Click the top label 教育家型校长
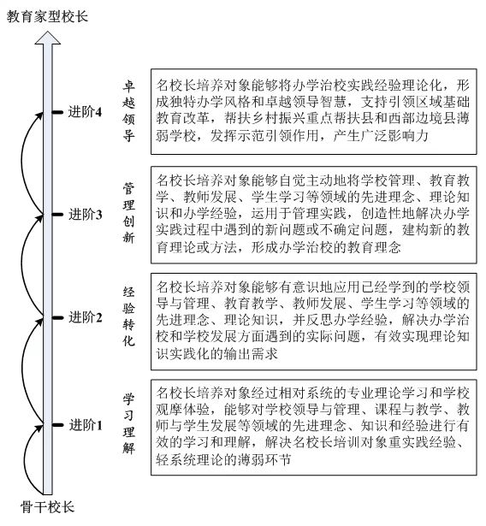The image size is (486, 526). coord(47,16)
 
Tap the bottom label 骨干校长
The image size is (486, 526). coord(47,507)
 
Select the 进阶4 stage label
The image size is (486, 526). coord(85,112)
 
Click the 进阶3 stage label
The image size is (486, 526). coord(85,215)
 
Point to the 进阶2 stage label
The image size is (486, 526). coord(86,317)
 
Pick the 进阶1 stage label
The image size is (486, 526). coord(86,425)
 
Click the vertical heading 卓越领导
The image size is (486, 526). coord(129,111)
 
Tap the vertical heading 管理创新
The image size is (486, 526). coord(129,213)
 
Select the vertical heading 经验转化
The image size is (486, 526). coord(129,316)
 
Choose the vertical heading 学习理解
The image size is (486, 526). coord(129,423)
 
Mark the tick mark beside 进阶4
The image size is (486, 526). coord(57,112)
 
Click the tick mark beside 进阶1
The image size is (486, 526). coord(57,425)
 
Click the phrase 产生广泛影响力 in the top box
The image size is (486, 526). coord(381,136)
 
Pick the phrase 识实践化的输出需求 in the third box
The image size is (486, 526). coord(216,353)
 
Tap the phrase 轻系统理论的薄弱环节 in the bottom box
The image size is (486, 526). coord(223,459)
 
